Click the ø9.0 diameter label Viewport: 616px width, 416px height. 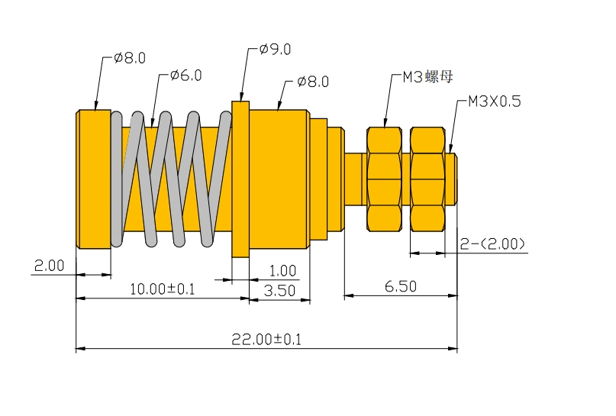click(x=275, y=50)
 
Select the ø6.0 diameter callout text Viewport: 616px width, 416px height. click(x=185, y=75)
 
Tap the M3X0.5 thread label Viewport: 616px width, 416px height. click(x=495, y=102)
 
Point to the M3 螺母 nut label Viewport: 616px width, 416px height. click(x=427, y=76)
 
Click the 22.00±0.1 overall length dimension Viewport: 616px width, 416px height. click(x=266, y=339)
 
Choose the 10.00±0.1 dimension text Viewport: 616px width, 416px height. click(x=163, y=289)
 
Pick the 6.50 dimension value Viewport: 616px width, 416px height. click(x=401, y=286)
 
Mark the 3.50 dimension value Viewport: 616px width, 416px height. click(x=279, y=291)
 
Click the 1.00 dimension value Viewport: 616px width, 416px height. click(x=282, y=271)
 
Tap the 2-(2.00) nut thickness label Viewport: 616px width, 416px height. click(x=492, y=244)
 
